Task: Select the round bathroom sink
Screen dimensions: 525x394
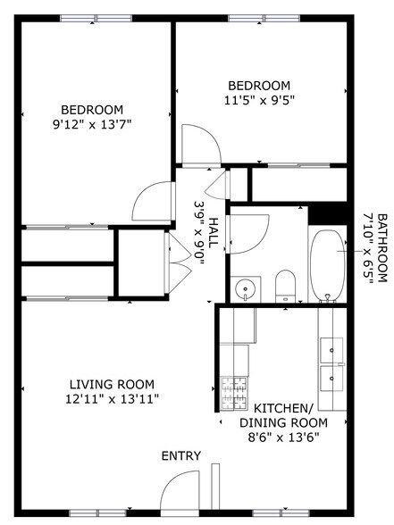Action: pos(245,289)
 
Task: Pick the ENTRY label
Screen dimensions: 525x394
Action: pos(180,455)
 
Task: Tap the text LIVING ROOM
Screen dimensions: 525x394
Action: pos(113,385)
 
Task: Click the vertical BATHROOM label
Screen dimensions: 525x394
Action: pos(382,247)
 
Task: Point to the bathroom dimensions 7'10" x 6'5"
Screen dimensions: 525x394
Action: pos(367,247)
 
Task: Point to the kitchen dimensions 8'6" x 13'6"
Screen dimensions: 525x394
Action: pos(282,437)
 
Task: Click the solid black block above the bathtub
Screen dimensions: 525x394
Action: pos(326,215)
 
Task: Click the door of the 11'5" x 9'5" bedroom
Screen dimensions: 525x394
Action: pos(197,143)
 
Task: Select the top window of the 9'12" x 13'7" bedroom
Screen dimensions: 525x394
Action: pos(96,18)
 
